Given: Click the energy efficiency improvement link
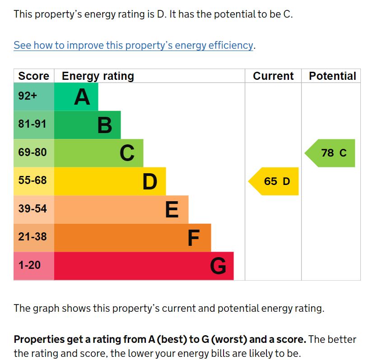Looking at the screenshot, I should click(x=133, y=45).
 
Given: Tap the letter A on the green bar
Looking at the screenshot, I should click(x=82, y=97).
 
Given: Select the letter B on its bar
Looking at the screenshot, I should click(x=104, y=125).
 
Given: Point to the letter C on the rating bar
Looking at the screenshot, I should click(x=127, y=153).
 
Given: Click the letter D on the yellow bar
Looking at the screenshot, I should click(x=149, y=181).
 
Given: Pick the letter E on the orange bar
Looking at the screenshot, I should click(x=172, y=210).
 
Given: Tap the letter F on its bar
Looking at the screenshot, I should click(x=193, y=238).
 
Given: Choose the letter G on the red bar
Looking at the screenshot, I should click(x=218, y=266).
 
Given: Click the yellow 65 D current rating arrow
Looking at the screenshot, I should click(x=275, y=181).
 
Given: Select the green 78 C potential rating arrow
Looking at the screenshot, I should click(x=331, y=153).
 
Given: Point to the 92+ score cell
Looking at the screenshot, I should click(x=28, y=96).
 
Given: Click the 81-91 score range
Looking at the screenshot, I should click(x=33, y=124).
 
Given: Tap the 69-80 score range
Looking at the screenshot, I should click(x=33, y=152).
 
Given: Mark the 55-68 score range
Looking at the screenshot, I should click(x=33, y=180).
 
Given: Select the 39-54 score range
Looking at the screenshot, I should click(x=33, y=209).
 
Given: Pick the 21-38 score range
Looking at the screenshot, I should click(x=33, y=237).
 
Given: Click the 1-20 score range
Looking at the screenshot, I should click(x=30, y=265).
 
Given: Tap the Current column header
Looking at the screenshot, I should click(x=273, y=76).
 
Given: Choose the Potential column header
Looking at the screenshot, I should click(x=332, y=76).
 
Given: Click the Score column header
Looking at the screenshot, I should click(x=33, y=76).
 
